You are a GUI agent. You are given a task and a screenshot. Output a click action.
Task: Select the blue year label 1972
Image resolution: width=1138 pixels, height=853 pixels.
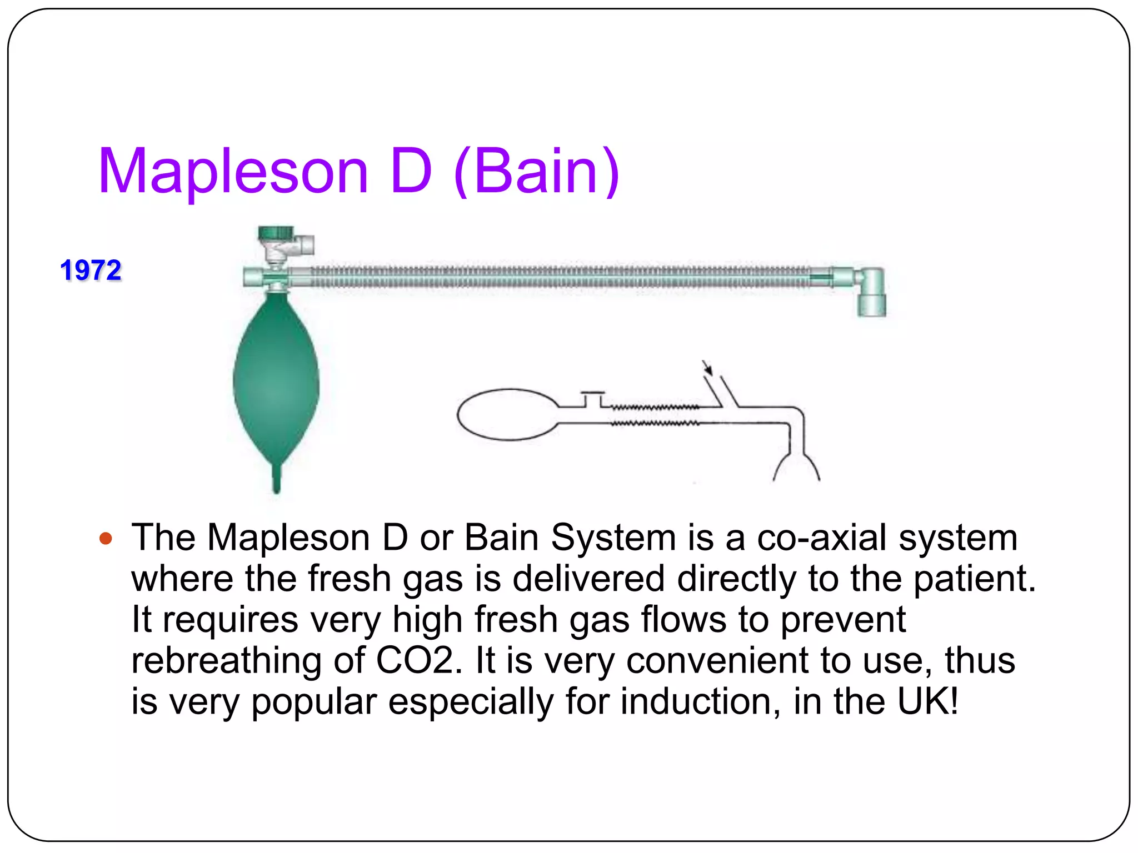(x=91, y=270)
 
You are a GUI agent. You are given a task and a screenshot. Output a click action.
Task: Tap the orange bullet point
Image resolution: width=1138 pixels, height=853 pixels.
(x=106, y=538)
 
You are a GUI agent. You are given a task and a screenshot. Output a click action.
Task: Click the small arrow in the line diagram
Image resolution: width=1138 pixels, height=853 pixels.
(x=707, y=368)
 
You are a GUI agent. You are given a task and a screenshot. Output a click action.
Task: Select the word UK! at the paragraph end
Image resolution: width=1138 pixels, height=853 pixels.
(x=928, y=701)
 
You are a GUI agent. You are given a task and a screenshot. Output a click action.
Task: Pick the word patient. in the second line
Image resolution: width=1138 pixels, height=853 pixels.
(x=975, y=579)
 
